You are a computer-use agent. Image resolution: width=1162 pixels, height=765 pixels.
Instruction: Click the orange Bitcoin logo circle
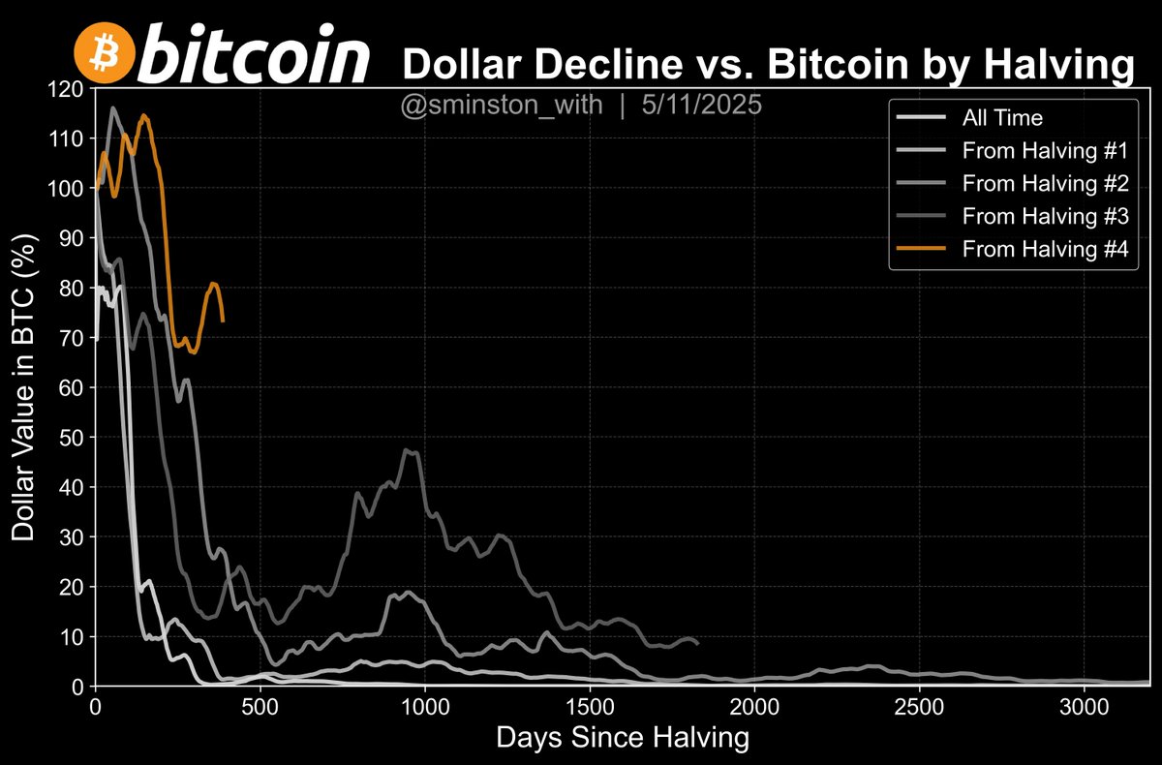tap(104, 53)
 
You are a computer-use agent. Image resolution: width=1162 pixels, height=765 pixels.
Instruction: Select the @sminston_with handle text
tap(504, 106)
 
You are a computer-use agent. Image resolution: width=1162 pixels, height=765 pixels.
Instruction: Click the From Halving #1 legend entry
tap(1033, 151)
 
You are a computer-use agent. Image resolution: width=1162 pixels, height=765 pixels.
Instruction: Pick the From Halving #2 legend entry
tap(1033, 183)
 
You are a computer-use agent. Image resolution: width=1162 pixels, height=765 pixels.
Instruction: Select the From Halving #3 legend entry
tap(1033, 216)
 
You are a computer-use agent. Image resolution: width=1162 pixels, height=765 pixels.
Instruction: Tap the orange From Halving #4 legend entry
tap(1033, 249)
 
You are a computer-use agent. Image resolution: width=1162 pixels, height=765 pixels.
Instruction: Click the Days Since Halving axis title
tap(623, 738)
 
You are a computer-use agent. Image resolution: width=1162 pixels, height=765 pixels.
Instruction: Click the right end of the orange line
tap(224, 321)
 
